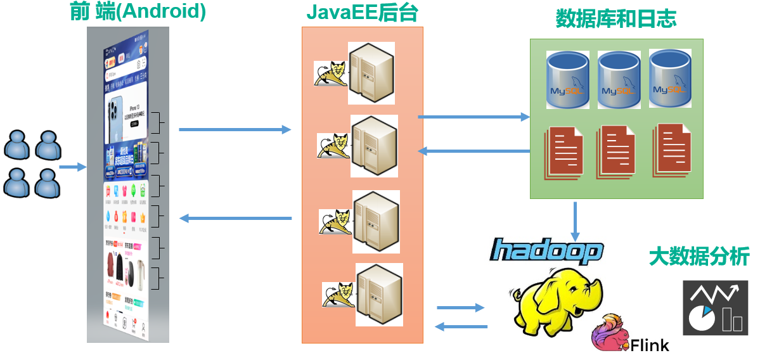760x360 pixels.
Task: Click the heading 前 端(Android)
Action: (138, 13)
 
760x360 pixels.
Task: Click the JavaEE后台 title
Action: (362, 13)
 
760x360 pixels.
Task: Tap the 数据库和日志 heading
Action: (615, 19)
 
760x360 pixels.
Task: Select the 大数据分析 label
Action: (699, 257)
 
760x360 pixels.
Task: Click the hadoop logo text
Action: (546, 250)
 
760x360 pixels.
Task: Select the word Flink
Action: (650, 345)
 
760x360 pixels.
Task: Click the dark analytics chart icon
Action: (715, 307)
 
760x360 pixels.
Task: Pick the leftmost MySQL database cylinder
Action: (568, 79)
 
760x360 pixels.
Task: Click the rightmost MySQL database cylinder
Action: (671, 77)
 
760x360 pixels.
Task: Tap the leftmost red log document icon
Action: (564, 153)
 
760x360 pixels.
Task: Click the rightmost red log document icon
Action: (674, 150)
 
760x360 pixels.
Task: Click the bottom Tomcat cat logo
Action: (338, 295)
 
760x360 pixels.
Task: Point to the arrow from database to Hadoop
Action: (576, 221)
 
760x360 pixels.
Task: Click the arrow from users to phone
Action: (72, 167)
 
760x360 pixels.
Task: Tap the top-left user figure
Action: (17, 145)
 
